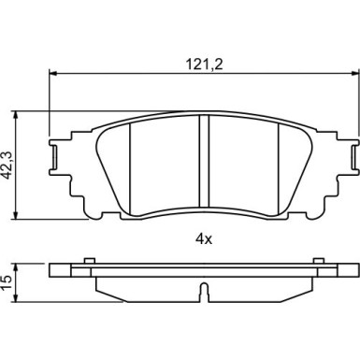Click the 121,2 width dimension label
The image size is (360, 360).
(204, 65)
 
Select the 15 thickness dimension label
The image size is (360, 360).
(7, 282)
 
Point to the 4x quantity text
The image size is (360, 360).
(204, 239)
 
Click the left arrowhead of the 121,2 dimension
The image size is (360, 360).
(53, 74)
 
